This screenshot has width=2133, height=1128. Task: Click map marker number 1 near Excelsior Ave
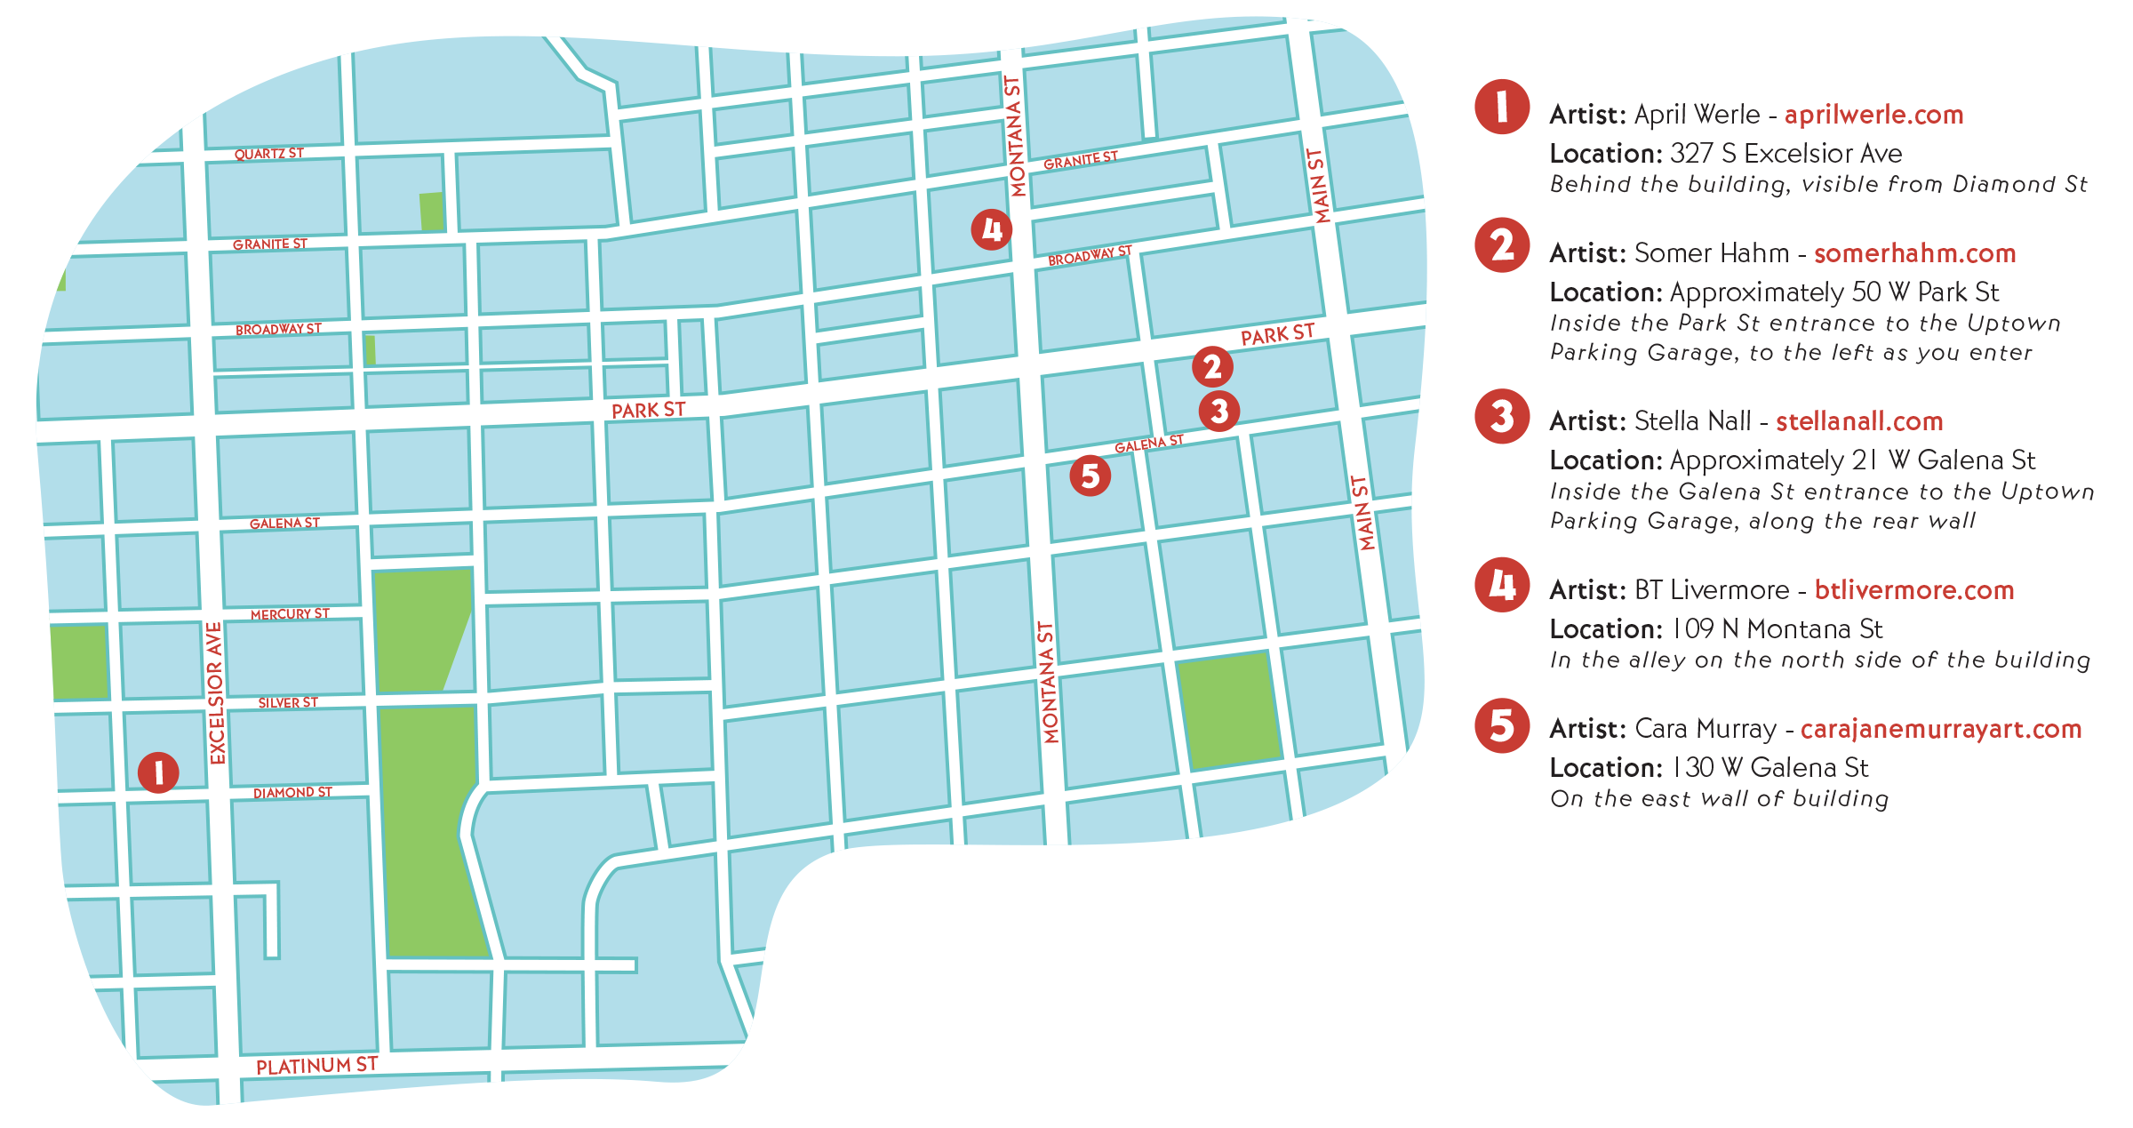click(x=158, y=772)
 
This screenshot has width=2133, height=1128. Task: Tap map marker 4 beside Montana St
click(x=991, y=230)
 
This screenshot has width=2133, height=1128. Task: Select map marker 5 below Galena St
click(x=1090, y=476)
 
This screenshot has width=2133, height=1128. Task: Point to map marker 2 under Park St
click(x=1212, y=367)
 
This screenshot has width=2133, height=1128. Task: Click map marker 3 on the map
click(x=1218, y=412)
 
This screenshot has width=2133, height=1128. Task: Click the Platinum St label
click(x=316, y=1065)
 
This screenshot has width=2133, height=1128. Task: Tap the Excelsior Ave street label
click(x=216, y=693)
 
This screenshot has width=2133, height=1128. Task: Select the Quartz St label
click(x=268, y=154)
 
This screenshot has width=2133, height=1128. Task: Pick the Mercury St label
click(x=290, y=614)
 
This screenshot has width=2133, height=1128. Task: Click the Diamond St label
click(x=292, y=792)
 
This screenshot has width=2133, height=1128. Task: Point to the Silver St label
click(x=288, y=702)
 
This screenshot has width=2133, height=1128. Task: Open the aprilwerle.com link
click(x=1873, y=115)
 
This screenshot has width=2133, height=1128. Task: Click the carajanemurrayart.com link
click(x=1940, y=729)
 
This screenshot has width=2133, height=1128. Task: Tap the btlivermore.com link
click(x=1913, y=590)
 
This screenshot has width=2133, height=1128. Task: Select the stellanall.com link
click(x=1859, y=421)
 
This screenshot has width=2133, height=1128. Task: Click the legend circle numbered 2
click(x=1502, y=245)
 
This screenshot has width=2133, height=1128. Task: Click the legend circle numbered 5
click(x=1502, y=726)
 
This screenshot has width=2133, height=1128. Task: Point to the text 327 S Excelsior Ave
click(x=1785, y=154)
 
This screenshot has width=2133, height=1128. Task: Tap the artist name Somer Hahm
click(x=1711, y=253)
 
